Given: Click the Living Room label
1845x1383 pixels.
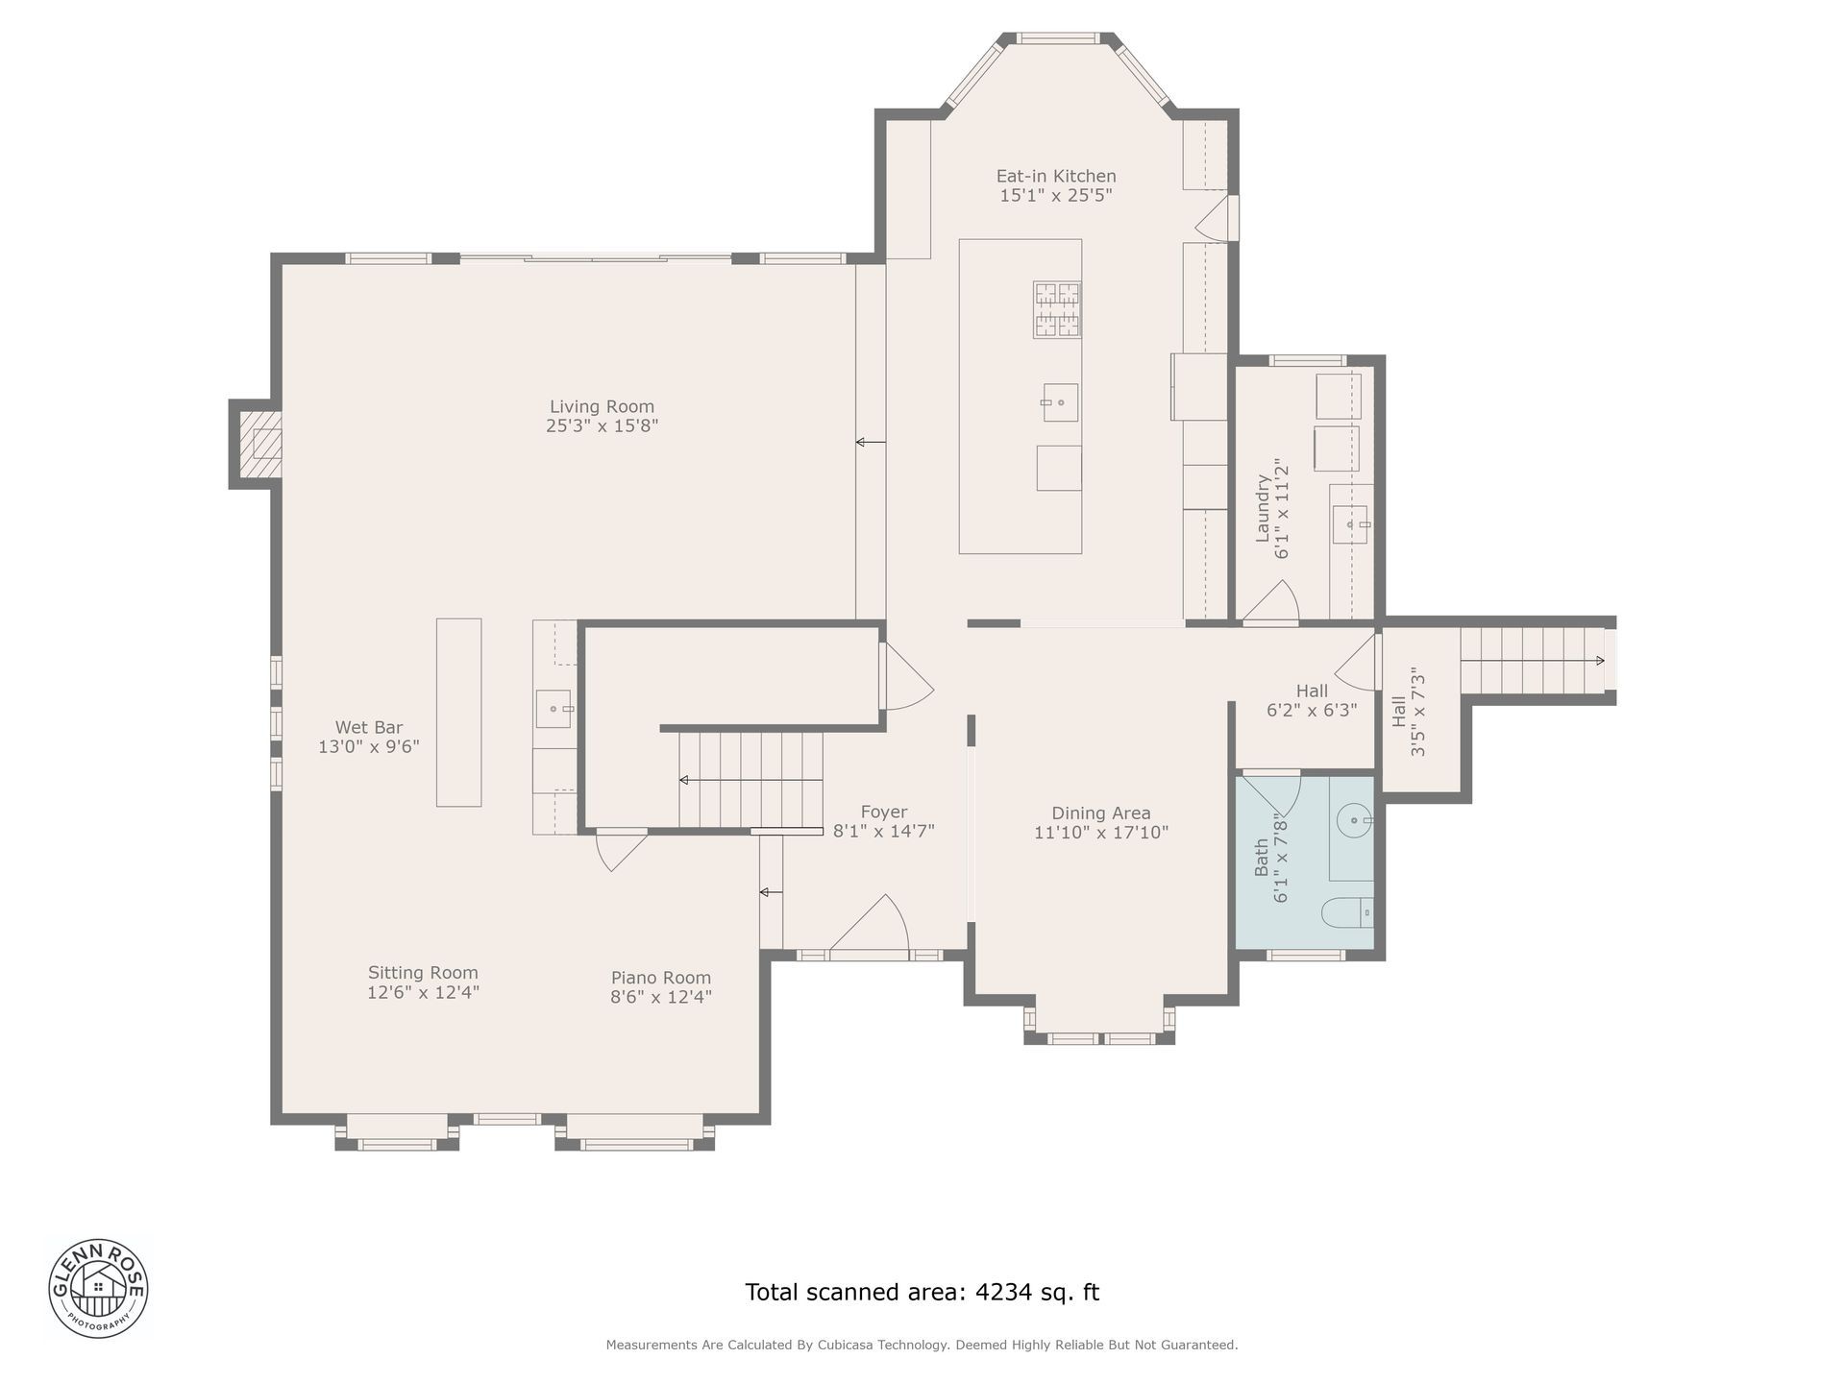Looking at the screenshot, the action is (x=602, y=406).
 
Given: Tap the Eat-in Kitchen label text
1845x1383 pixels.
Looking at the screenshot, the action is (x=1056, y=176).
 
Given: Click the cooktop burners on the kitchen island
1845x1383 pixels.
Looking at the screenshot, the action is (x=1057, y=309).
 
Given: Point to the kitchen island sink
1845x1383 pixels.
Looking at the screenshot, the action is (x=1060, y=402).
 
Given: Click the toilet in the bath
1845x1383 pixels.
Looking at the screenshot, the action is (x=1347, y=912).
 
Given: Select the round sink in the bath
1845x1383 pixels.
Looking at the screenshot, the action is (x=1354, y=820).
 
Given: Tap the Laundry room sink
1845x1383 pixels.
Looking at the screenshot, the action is (x=1350, y=524).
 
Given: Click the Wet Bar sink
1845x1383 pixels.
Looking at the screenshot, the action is (x=553, y=709).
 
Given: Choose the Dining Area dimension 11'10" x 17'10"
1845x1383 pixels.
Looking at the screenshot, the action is (x=1101, y=833).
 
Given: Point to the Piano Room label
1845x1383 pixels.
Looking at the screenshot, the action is (x=661, y=978).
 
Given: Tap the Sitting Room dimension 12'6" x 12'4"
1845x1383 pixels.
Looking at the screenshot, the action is (x=423, y=992).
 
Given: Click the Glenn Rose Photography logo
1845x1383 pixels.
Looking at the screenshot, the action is (x=99, y=1288).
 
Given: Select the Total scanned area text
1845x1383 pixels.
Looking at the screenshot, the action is (x=922, y=1292).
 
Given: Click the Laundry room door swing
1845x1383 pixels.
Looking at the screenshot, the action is (x=1272, y=601).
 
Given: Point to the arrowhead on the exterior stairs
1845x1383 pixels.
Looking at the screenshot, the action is (x=1600, y=661).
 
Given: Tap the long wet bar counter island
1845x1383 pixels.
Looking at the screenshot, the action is (x=458, y=712).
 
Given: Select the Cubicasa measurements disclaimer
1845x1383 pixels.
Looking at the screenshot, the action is (x=922, y=1345).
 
